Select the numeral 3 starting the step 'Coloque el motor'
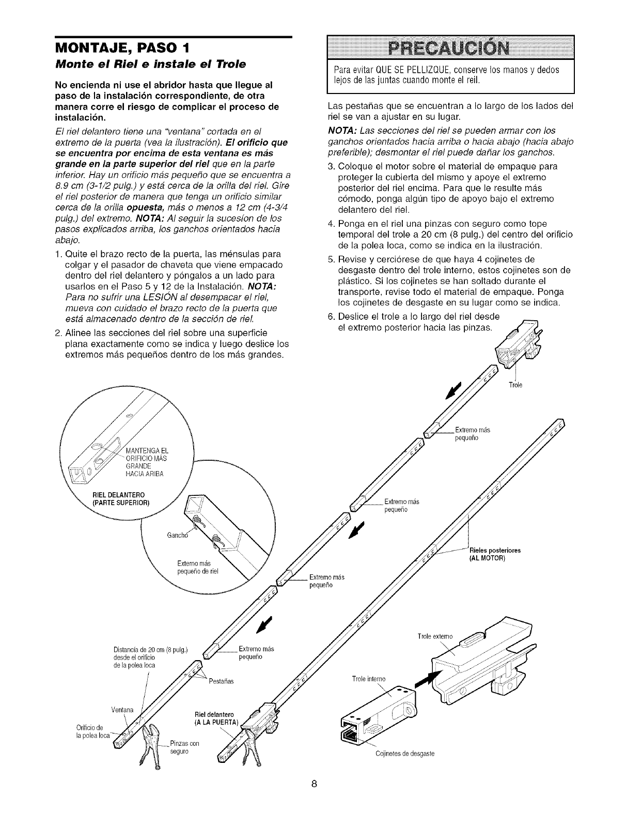tap(331, 166)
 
